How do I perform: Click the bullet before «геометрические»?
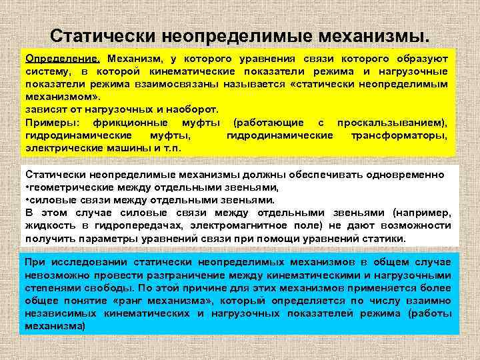(x=27, y=187)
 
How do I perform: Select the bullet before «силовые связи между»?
(x=27, y=200)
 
